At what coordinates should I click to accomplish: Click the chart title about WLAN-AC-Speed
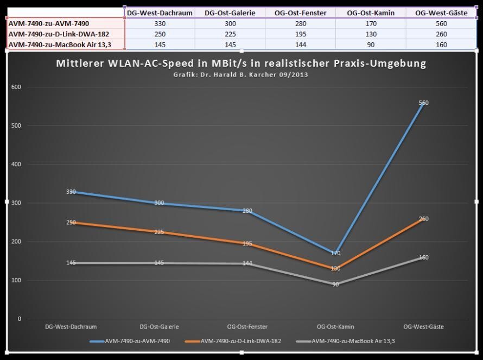click(x=241, y=63)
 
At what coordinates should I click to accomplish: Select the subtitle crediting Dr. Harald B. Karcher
click(x=241, y=74)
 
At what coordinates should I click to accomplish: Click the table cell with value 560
click(x=441, y=23)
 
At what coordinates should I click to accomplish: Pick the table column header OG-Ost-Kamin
click(x=371, y=12)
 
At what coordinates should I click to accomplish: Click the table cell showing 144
click(x=301, y=45)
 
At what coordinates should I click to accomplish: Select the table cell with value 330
click(x=160, y=23)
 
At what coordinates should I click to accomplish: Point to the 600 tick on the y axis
click(x=16, y=87)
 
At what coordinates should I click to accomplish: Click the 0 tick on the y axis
click(x=19, y=319)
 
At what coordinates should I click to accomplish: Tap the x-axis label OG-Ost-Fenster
click(x=247, y=327)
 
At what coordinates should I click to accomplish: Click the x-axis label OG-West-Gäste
click(x=423, y=327)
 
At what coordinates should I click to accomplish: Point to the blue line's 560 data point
click(x=423, y=103)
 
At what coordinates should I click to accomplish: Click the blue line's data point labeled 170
click(x=335, y=253)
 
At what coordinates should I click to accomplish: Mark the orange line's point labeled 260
click(x=423, y=219)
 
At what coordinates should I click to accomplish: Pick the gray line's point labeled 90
click(x=335, y=284)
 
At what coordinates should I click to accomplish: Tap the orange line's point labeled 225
click(x=160, y=232)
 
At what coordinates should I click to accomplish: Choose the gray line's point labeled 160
click(x=423, y=257)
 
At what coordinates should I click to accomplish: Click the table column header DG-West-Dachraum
click(x=160, y=12)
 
